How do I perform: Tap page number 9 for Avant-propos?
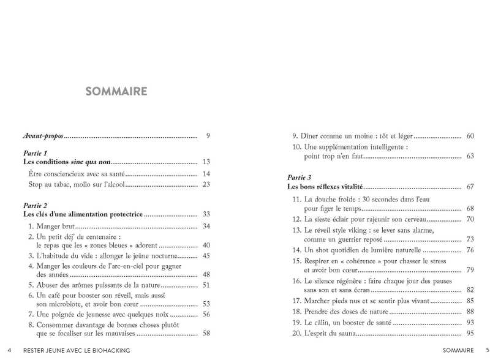(x=208, y=135)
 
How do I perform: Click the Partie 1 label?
(x=35, y=153)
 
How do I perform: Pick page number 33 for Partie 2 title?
(x=206, y=214)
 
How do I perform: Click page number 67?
(x=470, y=186)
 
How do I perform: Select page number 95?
(x=470, y=334)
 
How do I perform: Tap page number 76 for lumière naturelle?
(x=470, y=250)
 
